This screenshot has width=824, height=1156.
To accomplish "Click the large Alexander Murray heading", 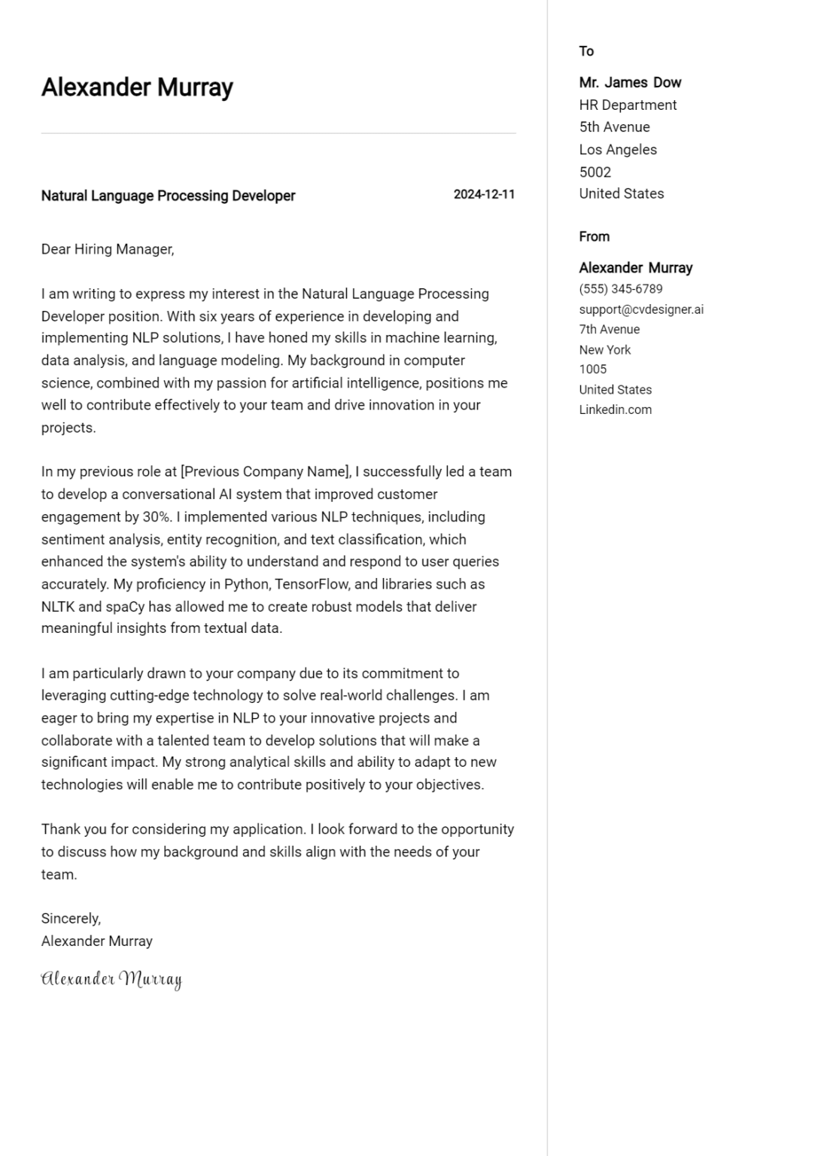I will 137,87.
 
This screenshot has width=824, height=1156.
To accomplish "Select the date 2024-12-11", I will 484,194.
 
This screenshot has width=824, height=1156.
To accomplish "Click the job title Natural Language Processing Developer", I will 168,196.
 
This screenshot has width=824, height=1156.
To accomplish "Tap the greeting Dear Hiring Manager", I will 108,249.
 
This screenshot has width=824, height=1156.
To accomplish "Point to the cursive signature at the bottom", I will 111,979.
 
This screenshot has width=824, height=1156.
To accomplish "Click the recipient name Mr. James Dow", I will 630,83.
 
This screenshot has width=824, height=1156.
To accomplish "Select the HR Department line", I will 628,105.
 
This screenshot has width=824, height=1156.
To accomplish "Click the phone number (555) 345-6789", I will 620,289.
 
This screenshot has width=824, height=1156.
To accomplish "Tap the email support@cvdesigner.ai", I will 641,309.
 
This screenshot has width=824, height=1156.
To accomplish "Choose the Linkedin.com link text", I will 615,410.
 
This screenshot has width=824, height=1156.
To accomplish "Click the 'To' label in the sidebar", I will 586,51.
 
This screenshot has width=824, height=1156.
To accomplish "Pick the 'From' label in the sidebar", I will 594,236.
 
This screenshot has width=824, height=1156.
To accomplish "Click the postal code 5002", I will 594,172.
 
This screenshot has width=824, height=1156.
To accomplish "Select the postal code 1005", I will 592,370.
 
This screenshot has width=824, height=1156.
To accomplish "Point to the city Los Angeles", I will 618,150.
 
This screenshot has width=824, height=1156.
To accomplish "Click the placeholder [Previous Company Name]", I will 266,472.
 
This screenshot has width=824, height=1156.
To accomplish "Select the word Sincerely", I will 71,918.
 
